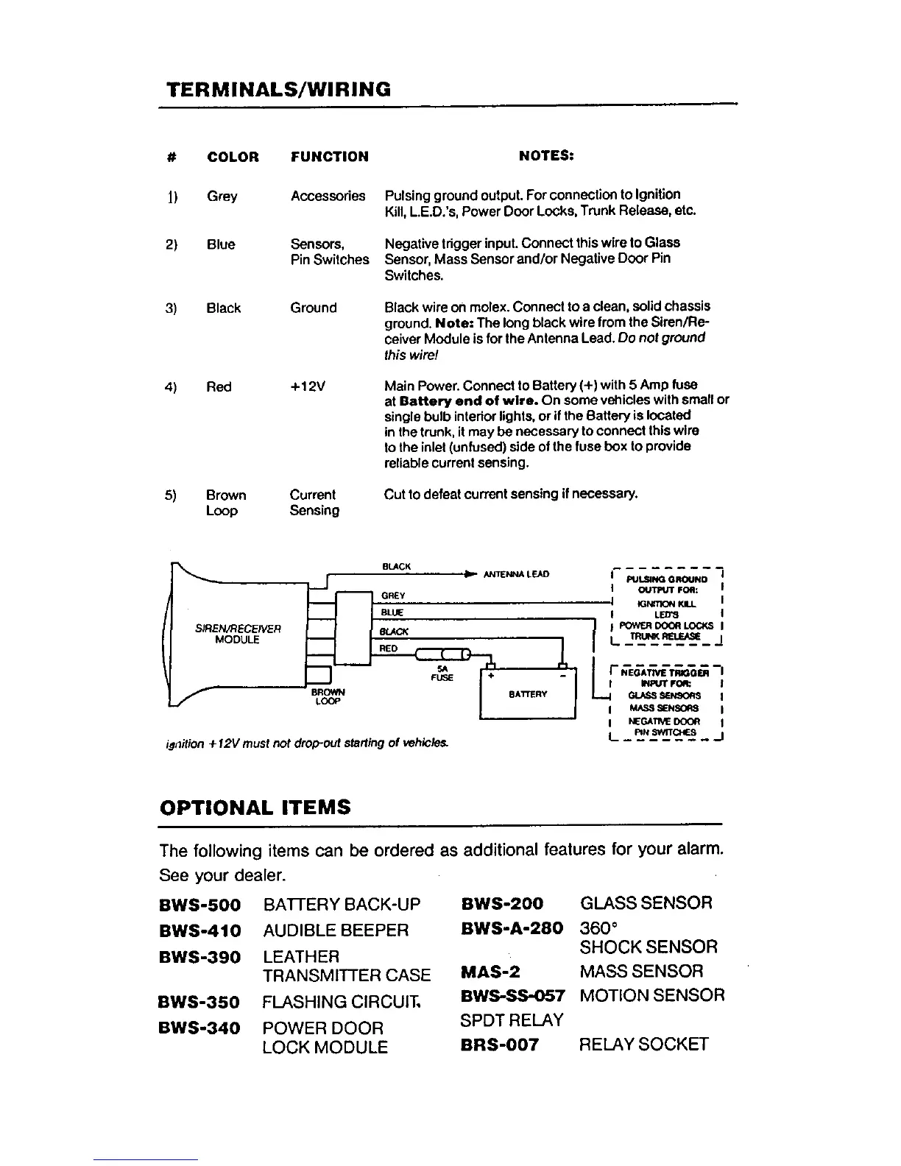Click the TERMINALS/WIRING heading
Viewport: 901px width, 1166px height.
pyautogui.click(x=278, y=90)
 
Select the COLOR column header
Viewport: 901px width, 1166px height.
pyautogui.click(x=233, y=157)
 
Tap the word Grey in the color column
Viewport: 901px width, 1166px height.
pyautogui.click(x=222, y=197)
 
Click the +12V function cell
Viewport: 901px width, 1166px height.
pyautogui.click(x=308, y=387)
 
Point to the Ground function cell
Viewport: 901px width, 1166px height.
pyautogui.click(x=314, y=308)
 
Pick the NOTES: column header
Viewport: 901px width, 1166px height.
pyautogui.click(x=546, y=156)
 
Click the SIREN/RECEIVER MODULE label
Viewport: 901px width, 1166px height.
pyautogui.click(x=237, y=634)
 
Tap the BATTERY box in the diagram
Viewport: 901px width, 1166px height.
pyautogui.click(x=528, y=693)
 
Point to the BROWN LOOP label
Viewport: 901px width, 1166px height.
pyautogui.click(x=328, y=696)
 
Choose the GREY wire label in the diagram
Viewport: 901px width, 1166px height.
pyautogui.click(x=393, y=595)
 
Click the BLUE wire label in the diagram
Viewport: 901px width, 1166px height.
pyautogui.click(x=392, y=612)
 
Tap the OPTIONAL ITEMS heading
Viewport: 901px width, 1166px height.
pyautogui.click(x=255, y=808)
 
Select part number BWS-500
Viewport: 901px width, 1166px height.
pyautogui.click(x=199, y=904)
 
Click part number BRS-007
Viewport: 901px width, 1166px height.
pyautogui.click(x=500, y=1045)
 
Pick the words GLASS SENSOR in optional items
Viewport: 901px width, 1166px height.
pyautogui.click(x=646, y=903)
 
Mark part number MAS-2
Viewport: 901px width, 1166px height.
pyautogui.click(x=490, y=972)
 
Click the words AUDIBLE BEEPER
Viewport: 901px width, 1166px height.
pyautogui.click(x=335, y=930)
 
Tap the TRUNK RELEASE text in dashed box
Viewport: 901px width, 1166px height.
pyautogui.click(x=660, y=637)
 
